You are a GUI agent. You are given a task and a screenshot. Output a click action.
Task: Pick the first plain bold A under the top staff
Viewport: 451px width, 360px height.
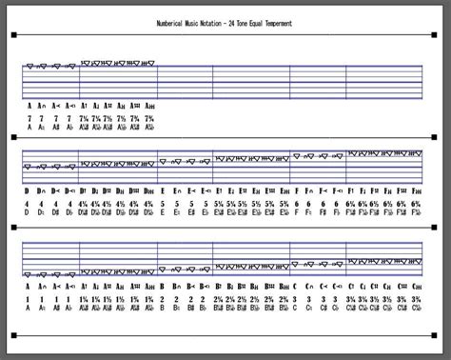tap(29, 105)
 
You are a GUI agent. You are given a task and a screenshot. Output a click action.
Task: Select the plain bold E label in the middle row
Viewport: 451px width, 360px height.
tap(163, 190)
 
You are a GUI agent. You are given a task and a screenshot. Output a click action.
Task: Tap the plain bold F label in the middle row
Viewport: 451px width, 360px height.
tap(297, 190)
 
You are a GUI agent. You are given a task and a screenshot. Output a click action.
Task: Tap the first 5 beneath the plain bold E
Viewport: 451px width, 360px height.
tap(163, 203)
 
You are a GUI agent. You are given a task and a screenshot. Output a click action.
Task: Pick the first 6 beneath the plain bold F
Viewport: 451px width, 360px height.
tap(297, 203)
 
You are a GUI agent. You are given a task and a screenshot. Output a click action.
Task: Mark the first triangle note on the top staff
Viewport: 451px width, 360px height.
tap(30, 67)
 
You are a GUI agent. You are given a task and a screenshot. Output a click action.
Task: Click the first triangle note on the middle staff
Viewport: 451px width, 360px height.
tap(28, 166)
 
